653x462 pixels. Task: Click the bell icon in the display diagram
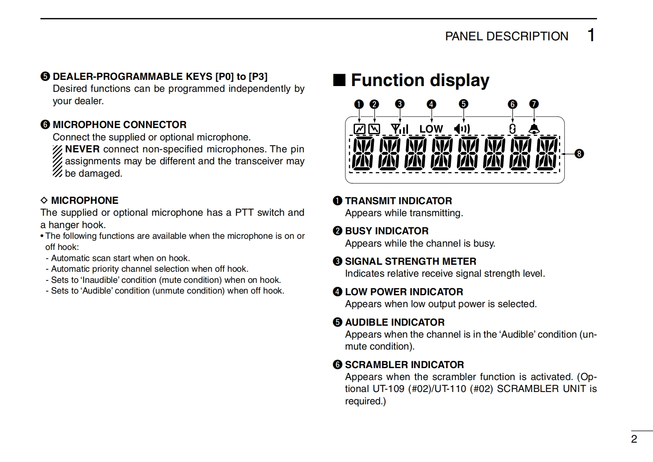coord(534,129)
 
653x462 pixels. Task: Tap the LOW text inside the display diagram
coord(431,129)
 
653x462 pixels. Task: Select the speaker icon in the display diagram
coord(462,129)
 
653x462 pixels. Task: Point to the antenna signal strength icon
coord(399,129)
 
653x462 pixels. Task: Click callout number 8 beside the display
coord(579,154)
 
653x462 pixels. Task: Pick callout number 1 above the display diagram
coord(359,104)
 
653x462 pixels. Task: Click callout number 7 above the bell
coord(534,104)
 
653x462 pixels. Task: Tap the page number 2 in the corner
coord(634,439)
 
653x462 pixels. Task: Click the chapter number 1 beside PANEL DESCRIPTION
coord(591,35)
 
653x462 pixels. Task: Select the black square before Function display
coord(339,80)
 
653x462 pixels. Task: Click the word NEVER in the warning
coord(82,149)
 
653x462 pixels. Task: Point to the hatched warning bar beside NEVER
coord(57,161)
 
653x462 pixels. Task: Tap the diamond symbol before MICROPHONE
coord(44,201)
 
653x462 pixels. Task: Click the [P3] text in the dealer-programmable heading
coord(258,77)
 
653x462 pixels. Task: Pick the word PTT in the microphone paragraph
coord(244,212)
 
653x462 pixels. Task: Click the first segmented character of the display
coord(363,154)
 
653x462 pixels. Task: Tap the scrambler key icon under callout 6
coord(512,129)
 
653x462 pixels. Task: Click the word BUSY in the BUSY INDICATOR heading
coord(358,231)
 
